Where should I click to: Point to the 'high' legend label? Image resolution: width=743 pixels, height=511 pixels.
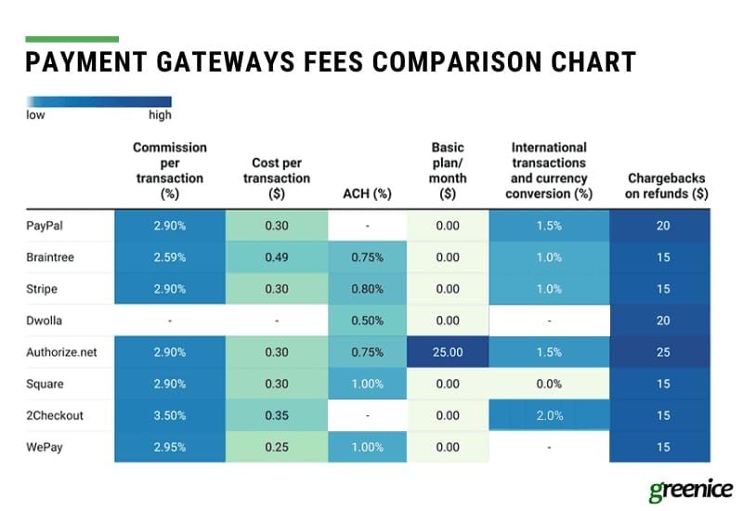[x=160, y=115]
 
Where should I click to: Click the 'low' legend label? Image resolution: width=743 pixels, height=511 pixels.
[x=35, y=115]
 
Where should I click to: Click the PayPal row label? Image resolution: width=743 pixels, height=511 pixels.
[x=46, y=226]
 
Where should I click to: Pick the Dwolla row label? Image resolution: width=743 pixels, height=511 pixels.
[x=45, y=321]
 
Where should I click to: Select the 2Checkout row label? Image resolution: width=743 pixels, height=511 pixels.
[x=55, y=415]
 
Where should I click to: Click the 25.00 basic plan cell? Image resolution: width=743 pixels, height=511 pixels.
[x=448, y=352]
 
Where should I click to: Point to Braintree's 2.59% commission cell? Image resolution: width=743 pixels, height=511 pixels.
[x=170, y=257]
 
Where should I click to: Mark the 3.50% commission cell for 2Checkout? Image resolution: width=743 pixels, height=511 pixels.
[x=170, y=415]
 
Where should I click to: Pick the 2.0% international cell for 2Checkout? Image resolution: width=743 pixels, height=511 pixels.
[x=550, y=415]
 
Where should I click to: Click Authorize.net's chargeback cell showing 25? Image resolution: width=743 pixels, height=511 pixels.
[x=660, y=352]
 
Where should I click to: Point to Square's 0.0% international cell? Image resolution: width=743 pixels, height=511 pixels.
[x=550, y=384]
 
